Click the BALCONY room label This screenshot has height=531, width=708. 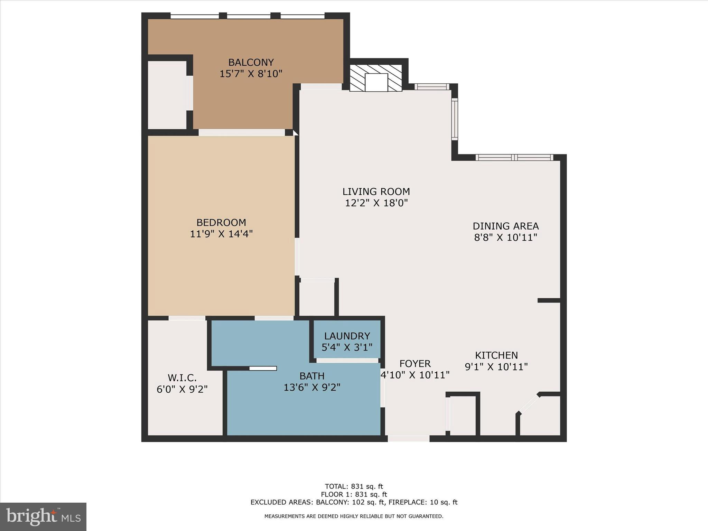[x=251, y=62]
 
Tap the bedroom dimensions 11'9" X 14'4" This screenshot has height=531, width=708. [x=221, y=234]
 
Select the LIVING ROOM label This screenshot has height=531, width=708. [x=376, y=192]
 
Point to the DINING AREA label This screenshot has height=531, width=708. [x=505, y=226]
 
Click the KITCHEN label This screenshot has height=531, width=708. [x=496, y=355]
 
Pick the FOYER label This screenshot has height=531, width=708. [x=415, y=364]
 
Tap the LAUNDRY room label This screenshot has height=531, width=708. [x=347, y=336]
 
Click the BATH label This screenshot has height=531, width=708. [x=312, y=376]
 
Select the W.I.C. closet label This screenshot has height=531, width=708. [x=182, y=378]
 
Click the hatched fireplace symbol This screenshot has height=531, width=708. [x=376, y=78]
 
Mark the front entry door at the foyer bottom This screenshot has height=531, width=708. [x=408, y=438]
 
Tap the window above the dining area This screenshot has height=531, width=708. [x=514, y=158]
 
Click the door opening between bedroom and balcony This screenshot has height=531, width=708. [x=241, y=132]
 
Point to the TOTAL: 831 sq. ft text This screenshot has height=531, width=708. [x=354, y=487]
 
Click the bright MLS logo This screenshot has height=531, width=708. [x=43, y=516]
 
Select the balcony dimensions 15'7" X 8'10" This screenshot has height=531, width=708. [x=251, y=74]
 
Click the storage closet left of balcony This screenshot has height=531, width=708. [x=167, y=95]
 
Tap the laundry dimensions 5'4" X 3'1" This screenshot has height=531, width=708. [x=347, y=347]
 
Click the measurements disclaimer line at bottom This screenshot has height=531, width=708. [x=354, y=516]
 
